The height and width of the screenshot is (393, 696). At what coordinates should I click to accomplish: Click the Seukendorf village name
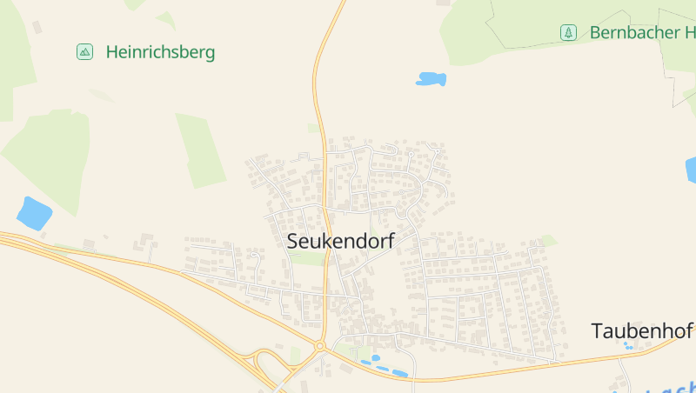pyautogui.click(x=340, y=241)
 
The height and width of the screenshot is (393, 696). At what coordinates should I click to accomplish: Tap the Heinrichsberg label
pyautogui.click(x=160, y=52)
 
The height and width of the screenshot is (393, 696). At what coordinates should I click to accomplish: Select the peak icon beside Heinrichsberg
pyautogui.click(x=84, y=52)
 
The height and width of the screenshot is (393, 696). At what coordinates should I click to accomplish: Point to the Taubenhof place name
pyautogui.click(x=641, y=331)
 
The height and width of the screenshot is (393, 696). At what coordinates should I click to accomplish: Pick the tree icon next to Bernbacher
pyautogui.click(x=568, y=33)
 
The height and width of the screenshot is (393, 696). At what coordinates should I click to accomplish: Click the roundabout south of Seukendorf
pyautogui.click(x=320, y=346)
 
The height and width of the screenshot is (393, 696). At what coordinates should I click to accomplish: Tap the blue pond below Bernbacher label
pyautogui.click(x=431, y=79)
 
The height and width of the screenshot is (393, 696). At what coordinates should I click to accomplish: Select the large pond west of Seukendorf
pyautogui.click(x=34, y=213)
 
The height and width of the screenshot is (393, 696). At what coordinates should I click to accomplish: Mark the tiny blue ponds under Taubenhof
pyautogui.click(x=627, y=346)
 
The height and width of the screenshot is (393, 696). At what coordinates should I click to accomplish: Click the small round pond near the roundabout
pyautogui.click(x=376, y=357)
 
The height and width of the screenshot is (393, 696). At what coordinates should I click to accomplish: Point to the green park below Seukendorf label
pyautogui.click(x=306, y=258)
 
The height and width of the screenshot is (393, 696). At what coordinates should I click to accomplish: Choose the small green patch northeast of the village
pyautogui.click(x=548, y=240)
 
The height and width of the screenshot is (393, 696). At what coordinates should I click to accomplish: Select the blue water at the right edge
pyautogui.click(x=691, y=169)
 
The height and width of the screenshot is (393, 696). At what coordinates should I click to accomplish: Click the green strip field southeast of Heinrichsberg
pyautogui.click(x=201, y=150)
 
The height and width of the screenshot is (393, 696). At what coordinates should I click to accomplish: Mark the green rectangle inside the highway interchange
pyautogui.click(x=296, y=354)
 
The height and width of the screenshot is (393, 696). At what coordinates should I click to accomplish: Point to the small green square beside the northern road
pyautogui.click(x=313, y=128)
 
